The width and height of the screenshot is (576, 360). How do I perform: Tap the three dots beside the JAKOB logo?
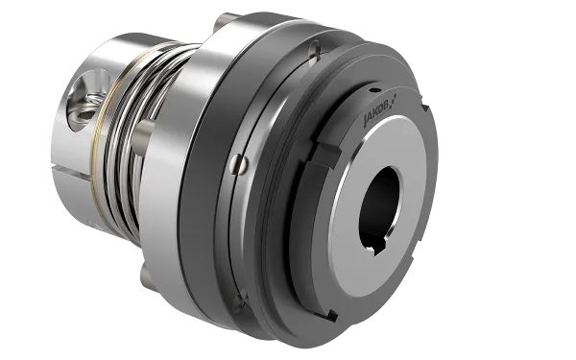394,99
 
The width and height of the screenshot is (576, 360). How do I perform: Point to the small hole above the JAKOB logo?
374,90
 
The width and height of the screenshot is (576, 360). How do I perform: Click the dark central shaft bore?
379,205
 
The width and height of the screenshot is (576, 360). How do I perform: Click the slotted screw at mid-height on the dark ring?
239,164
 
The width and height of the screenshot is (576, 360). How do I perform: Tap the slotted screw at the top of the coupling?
315,49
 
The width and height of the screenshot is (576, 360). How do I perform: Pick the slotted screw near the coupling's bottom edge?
240,301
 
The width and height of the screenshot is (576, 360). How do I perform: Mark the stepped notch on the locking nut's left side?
327,155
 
